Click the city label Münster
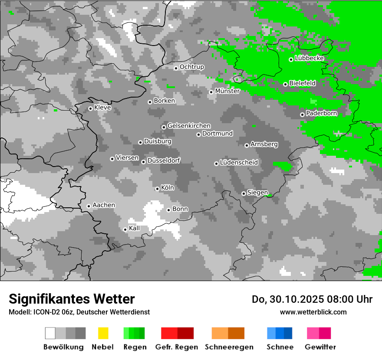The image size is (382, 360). click(x=227, y=91)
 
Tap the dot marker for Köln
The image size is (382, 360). click(x=157, y=189)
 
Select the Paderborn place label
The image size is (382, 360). click(x=322, y=114)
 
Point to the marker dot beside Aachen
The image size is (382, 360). click(x=89, y=206)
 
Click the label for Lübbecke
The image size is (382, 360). click(x=310, y=59)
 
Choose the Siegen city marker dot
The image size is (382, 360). click(x=244, y=193)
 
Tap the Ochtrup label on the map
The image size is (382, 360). click(x=192, y=67)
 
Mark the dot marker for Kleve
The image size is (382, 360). click(x=90, y=108)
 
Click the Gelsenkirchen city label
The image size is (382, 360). click(x=189, y=126)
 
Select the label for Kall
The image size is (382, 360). click(x=135, y=228)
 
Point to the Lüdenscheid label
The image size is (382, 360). click(x=239, y=163)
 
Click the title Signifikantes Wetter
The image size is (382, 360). click(x=72, y=299)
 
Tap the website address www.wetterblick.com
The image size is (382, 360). click(x=313, y=312)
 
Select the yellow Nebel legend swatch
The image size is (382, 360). click(x=103, y=333)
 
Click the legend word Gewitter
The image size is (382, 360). click(x=320, y=347)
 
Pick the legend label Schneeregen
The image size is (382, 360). click(x=229, y=347)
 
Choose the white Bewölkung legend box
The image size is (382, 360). click(x=50, y=333)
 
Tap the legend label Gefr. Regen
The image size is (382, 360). click(x=177, y=347)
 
